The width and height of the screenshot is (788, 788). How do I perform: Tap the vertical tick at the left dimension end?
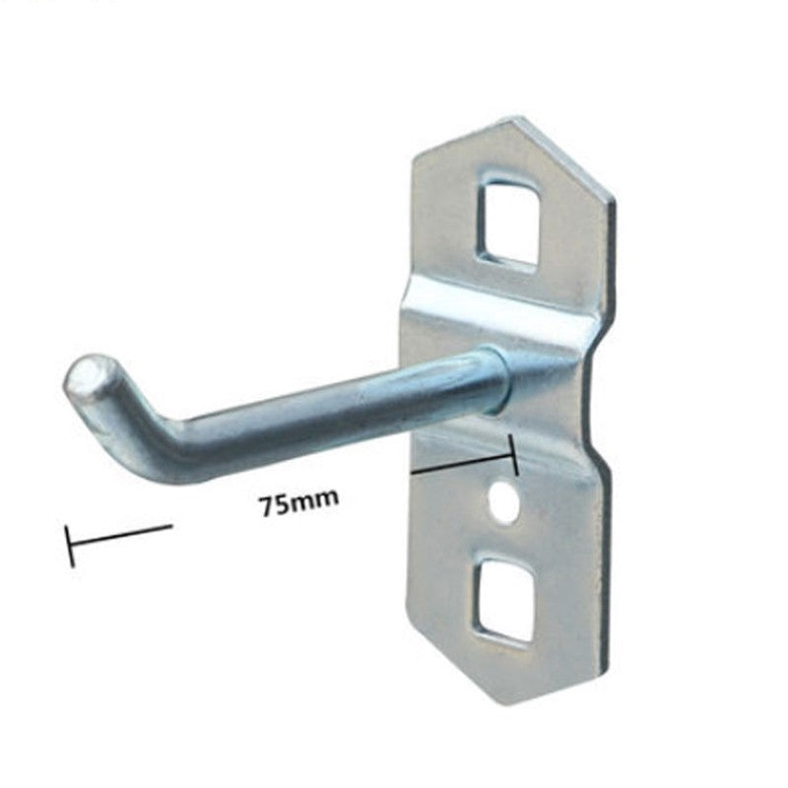(70, 546)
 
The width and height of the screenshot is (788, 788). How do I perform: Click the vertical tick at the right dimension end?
(512, 455)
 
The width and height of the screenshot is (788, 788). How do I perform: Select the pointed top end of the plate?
(518, 120)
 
